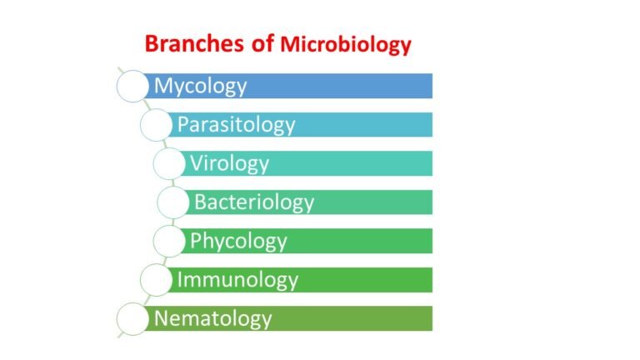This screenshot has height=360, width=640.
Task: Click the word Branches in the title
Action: pyautogui.click(x=191, y=44)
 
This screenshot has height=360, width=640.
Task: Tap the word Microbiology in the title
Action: pyautogui.click(x=345, y=45)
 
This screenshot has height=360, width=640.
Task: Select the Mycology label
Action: pyautogui.click(x=200, y=86)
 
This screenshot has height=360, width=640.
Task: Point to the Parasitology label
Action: pyautogui.click(x=236, y=125)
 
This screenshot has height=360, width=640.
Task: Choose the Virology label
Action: pyautogui.click(x=229, y=163)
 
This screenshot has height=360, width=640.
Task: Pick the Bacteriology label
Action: pyautogui.click(x=254, y=202)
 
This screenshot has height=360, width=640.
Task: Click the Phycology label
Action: pyautogui.click(x=238, y=241)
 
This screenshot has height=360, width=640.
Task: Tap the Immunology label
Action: pyautogui.click(x=237, y=279)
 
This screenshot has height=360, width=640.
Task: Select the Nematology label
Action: pyautogui.click(x=212, y=318)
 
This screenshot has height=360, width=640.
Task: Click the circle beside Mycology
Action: pyautogui.click(x=132, y=86)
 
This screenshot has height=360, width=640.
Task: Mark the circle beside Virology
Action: pyautogui.click(x=169, y=163)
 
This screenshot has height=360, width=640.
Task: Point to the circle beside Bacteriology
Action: pyautogui.click(x=173, y=202)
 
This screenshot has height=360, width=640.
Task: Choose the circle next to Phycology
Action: pyautogui.click(x=169, y=241)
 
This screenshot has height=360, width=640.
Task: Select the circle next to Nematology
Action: pyautogui.click(x=132, y=318)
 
